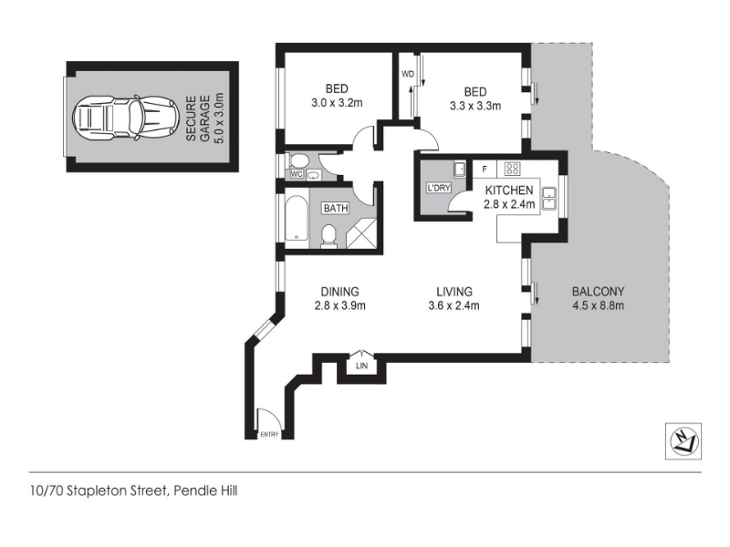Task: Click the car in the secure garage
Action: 126,117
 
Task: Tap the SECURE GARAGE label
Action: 198,119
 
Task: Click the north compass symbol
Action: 683,441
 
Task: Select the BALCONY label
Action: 598,292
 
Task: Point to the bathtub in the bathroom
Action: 296,218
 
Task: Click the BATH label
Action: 336,208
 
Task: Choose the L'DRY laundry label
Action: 439,188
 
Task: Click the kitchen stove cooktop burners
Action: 513,169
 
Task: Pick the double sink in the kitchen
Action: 550,198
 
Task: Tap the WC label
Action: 297,174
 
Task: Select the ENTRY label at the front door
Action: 269,435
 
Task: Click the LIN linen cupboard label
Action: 361,366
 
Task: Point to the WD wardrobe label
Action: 407,74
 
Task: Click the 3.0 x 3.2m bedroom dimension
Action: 337,103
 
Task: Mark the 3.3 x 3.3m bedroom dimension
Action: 475,106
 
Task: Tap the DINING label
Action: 339,292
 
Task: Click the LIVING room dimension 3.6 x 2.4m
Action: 454,305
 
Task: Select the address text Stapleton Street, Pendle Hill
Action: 152,490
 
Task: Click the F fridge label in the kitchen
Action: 485,170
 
